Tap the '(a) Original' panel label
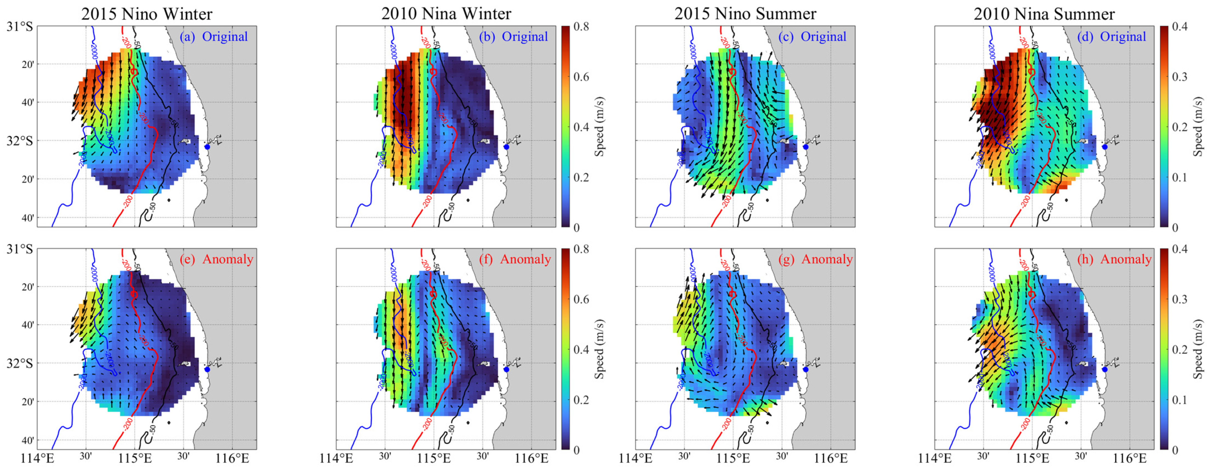(214, 37)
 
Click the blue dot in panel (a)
(207, 147)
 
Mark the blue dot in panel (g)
(806, 369)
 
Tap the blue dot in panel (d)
(1105, 147)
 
